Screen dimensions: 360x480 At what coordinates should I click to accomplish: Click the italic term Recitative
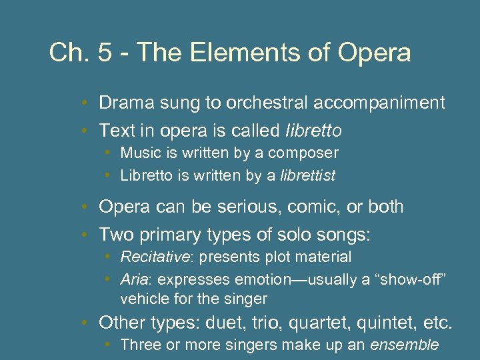click(x=151, y=257)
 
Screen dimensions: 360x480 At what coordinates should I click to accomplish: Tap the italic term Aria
click(x=133, y=279)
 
